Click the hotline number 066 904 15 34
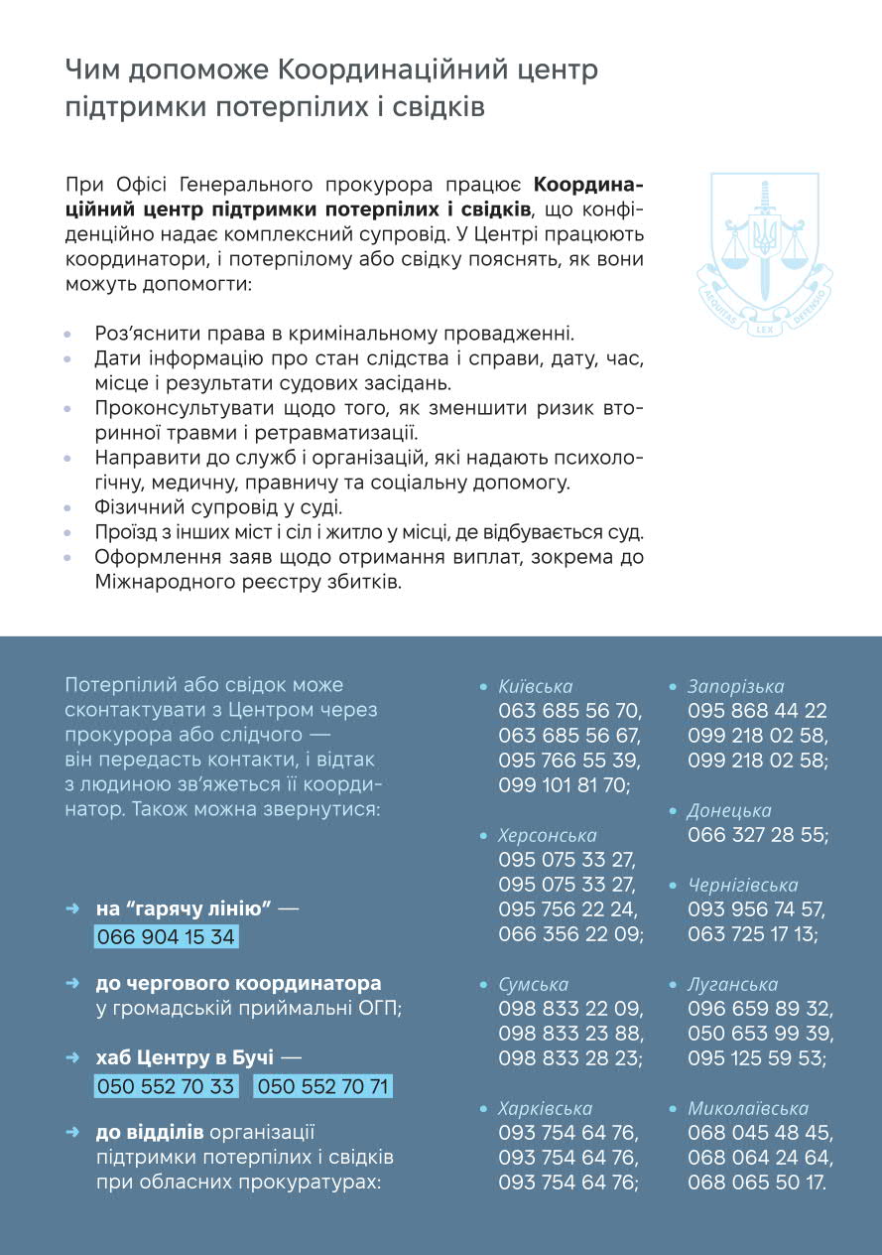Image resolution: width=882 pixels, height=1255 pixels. click(166, 937)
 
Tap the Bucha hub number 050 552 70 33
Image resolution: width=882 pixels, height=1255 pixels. click(167, 1086)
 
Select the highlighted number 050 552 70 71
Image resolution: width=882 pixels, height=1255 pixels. click(322, 1086)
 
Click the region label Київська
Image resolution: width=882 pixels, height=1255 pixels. click(536, 686)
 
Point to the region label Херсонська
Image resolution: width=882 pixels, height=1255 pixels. click(548, 835)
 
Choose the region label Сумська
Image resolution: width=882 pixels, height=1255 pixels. click(534, 984)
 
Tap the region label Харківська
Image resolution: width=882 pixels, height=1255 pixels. click(546, 1108)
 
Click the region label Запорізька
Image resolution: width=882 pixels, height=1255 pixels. click(735, 686)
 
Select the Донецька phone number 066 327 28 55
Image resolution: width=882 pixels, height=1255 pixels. click(758, 835)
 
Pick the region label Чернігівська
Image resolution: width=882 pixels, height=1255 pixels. click(743, 885)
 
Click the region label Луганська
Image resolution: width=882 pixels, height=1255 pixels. click(732, 984)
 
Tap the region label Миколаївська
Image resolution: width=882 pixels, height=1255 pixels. click(748, 1108)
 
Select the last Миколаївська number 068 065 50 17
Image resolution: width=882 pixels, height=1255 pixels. click(757, 1183)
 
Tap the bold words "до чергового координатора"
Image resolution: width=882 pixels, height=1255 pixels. click(238, 983)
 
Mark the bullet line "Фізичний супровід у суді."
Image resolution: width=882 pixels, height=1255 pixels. click(218, 507)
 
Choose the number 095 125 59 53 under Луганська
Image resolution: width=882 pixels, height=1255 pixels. click(757, 1058)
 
